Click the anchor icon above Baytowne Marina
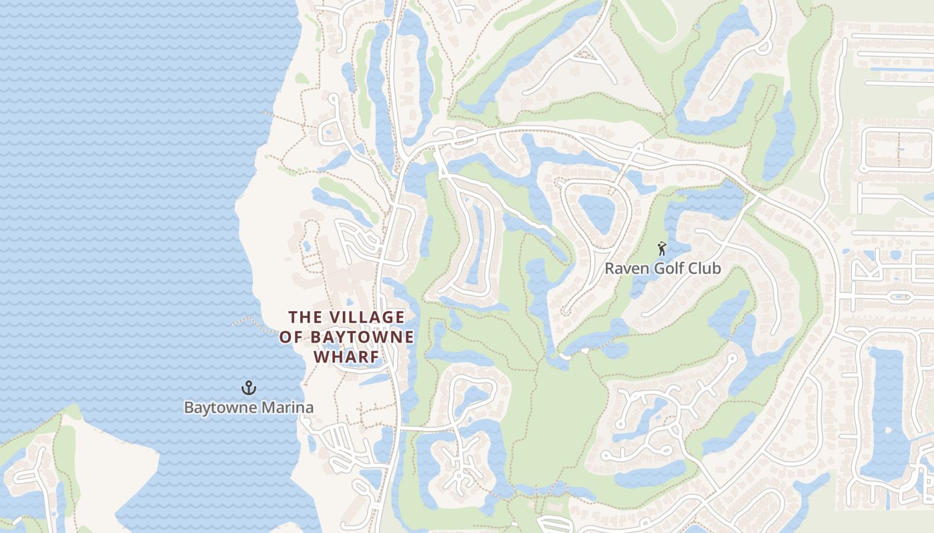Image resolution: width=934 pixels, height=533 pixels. click(x=249, y=387)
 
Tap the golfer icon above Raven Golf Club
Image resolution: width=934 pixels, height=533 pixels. click(x=661, y=249)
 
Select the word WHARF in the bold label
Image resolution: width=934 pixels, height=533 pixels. click(x=346, y=356)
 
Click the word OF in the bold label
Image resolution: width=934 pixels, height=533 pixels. click(x=291, y=337)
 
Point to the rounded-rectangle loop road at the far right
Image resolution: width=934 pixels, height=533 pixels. click(x=897, y=149)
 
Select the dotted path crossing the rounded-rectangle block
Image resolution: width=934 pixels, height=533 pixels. click(x=899, y=149)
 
